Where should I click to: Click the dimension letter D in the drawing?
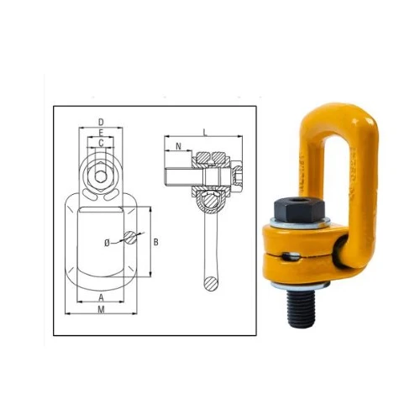click(101, 122)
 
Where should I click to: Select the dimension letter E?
click(101, 133)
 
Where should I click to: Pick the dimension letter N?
click(178, 146)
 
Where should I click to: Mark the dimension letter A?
click(101, 297)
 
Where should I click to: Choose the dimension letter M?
click(101, 309)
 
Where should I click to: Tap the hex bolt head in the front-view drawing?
click(101, 176)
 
